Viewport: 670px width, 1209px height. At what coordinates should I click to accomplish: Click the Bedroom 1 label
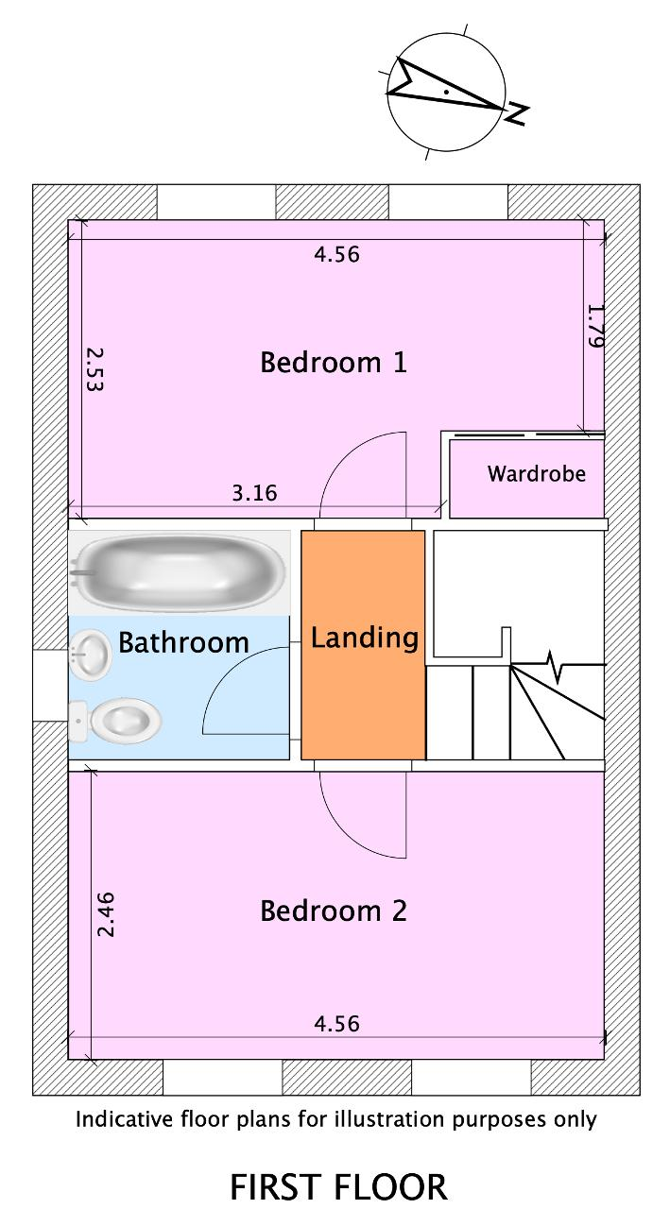pyautogui.click(x=334, y=362)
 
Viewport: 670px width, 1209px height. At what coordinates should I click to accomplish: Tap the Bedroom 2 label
pyautogui.click(x=334, y=911)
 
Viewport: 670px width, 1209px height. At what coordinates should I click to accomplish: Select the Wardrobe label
pyautogui.click(x=536, y=473)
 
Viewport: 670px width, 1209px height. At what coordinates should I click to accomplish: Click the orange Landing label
pyautogui.click(x=365, y=638)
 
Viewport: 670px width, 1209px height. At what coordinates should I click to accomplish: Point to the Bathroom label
pyautogui.click(x=183, y=642)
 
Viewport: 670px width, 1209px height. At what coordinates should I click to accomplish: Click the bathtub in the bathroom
pyautogui.click(x=180, y=572)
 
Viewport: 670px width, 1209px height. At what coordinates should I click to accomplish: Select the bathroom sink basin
pyautogui.click(x=90, y=656)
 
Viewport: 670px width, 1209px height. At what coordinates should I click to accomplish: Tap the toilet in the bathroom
pyautogui.click(x=115, y=721)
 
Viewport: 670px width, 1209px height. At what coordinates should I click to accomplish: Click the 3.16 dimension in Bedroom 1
pyautogui.click(x=254, y=493)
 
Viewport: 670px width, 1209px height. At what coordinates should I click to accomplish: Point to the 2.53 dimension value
pyautogui.click(x=95, y=369)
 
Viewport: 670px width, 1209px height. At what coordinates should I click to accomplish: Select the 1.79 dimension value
pyautogui.click(x=595, y=326)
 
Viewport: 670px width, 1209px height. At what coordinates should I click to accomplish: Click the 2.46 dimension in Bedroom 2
pyautogui.click(x=105, y=915)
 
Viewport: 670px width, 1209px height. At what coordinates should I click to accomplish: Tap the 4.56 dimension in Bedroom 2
pyautogui.click(x=336, y=1023)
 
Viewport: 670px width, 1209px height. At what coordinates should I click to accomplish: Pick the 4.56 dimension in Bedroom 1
pyautogui.click(x=336, y=254)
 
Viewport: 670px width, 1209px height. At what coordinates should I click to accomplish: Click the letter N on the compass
pyautogui.click(x=516, y=113)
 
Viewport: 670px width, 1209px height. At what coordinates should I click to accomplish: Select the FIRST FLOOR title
pyautogui.click(x=338, y=1186)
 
